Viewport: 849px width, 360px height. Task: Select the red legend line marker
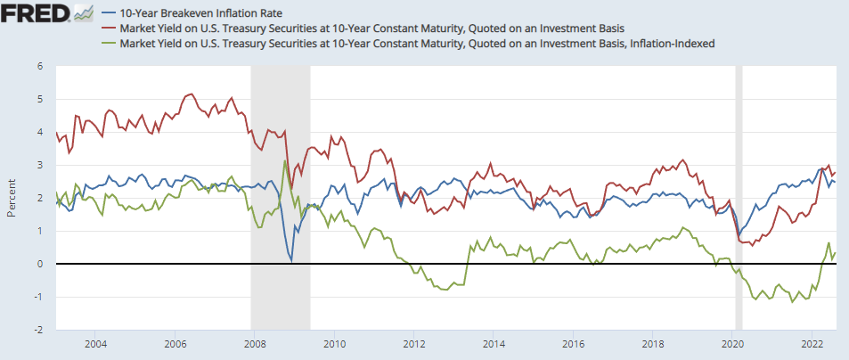point(108,28)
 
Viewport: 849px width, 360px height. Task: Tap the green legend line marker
point(108,42)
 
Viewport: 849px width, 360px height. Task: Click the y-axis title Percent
point(11,197)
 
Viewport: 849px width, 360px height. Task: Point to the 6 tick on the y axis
point(40,66)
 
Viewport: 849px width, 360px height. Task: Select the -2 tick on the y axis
point(38,330)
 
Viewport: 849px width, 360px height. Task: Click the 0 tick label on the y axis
point(40,264)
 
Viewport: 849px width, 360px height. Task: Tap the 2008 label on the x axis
point(254,343)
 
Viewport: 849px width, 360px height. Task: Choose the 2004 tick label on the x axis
point(95,343)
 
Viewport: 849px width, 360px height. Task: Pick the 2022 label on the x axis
point(812,343)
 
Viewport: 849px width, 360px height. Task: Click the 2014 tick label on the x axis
point(493,343)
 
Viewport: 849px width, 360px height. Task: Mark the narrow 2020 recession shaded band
point(739,197)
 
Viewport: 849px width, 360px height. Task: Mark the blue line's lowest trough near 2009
point(291,261)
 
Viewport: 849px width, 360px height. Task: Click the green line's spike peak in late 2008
point(284,161)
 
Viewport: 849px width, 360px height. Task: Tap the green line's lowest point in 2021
point(792,302)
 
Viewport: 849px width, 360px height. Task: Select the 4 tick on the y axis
point(40,132)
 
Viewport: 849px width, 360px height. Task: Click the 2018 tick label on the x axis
point(652,343)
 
